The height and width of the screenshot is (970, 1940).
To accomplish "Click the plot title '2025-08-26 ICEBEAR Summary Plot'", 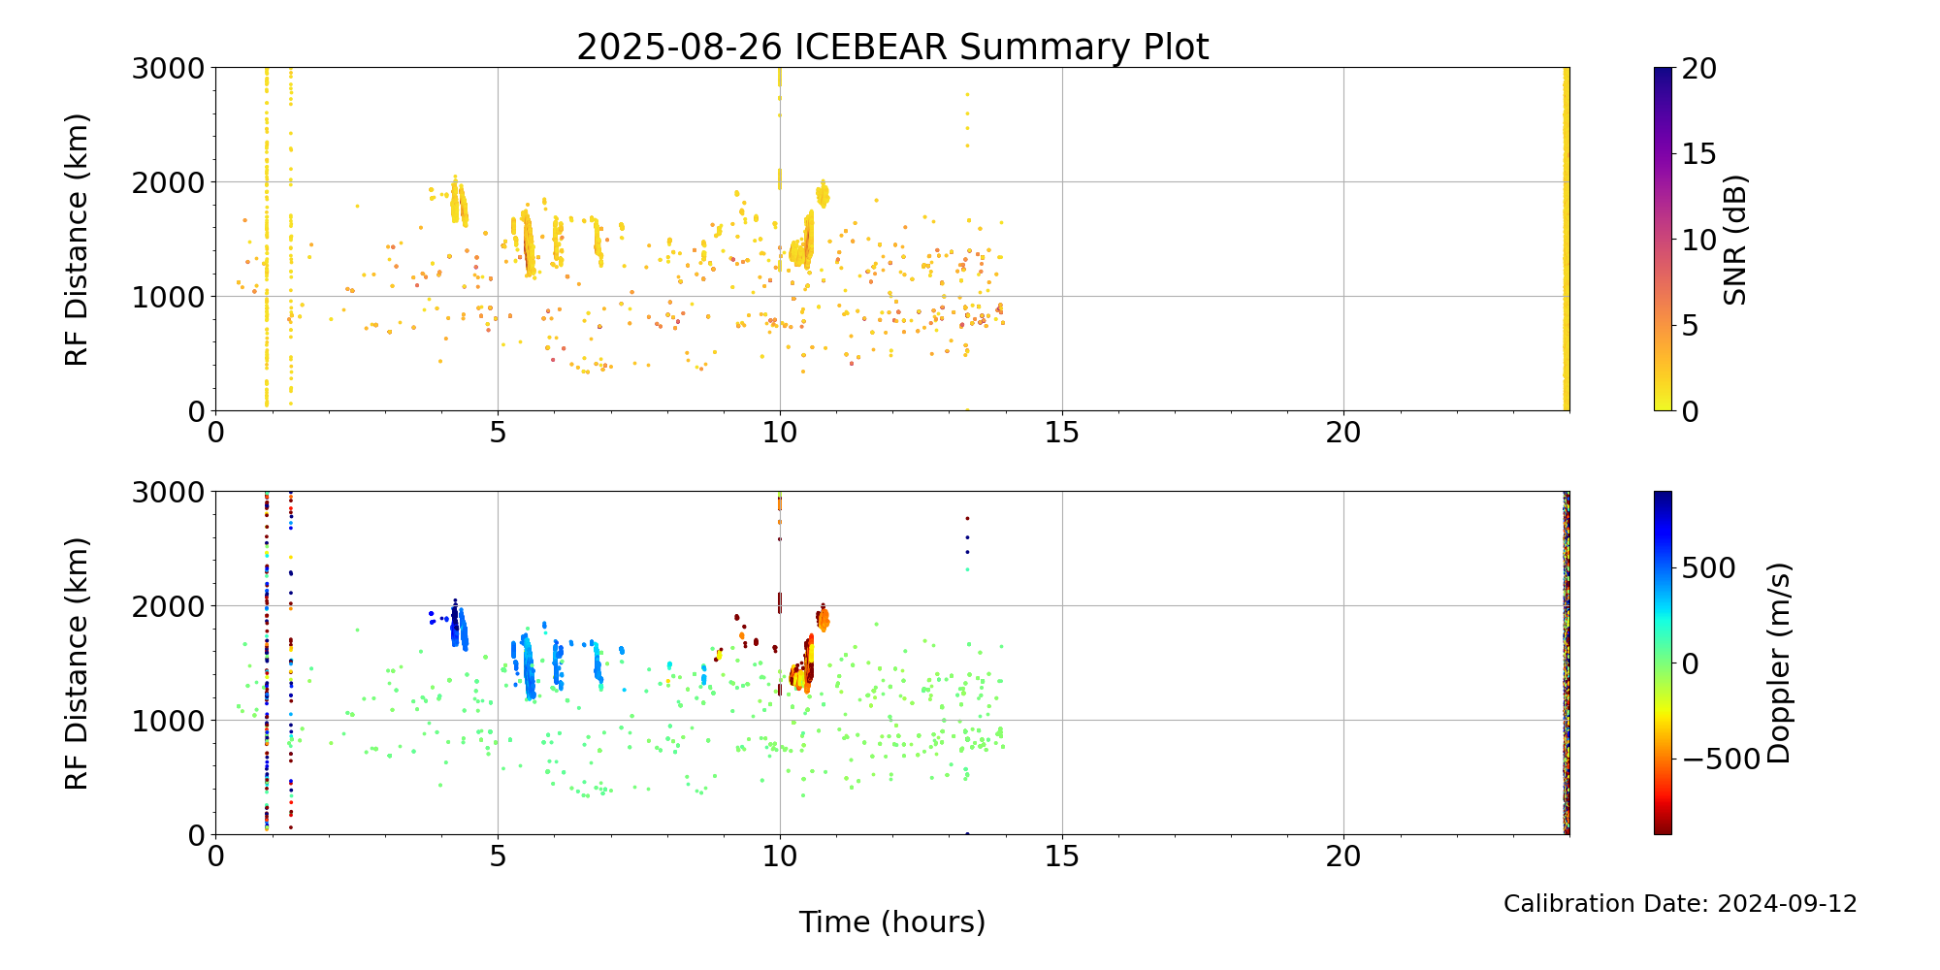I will tap(892, 47).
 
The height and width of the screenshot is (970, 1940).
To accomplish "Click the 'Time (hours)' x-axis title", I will tap(892, 921).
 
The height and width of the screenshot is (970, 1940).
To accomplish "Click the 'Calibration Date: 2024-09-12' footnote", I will tap(1680, 904).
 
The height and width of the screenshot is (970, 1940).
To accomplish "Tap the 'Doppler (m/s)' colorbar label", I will tap(1778, 663).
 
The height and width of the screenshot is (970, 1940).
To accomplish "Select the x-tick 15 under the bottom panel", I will tap(1062, 858).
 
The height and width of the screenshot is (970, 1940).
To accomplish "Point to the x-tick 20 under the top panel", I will tap(1343, 435).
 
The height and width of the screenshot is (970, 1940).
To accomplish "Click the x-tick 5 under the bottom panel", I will tap(498, 858).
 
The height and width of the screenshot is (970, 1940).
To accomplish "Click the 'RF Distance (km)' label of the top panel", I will tap(77, 240).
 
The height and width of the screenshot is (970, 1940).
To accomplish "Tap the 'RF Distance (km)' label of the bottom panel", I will tap(77, 663).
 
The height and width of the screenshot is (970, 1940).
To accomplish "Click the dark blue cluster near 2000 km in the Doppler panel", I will tap(454, 621).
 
